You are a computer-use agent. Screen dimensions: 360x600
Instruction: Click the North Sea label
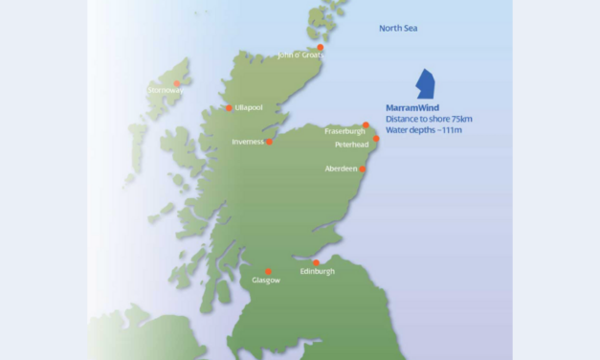pyautogui.click(x=398, y=29)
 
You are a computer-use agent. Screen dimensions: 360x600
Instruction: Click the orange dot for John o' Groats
pyautogui.click(x=321, y=47)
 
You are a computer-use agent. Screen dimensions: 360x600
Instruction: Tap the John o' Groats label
pyautogui.click(x=299, y=55)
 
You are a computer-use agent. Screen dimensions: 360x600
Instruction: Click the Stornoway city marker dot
pyautogui.click(x=177, y=83)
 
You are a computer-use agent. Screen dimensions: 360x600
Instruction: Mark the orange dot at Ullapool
pyautogui.click(x=229, y=108)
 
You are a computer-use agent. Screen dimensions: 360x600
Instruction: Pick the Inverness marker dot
pyautogui.click(x=269, y=142)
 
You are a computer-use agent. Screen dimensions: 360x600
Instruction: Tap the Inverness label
pyautogui.click(x=248, y=142)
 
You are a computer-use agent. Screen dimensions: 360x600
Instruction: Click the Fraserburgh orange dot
pyautogui.click(x=366, y=125)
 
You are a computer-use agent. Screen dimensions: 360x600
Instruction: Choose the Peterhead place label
pyautogui.click(x=352, y=145)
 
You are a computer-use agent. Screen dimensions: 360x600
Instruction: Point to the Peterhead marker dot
pyautogui.click(x=376, y=139)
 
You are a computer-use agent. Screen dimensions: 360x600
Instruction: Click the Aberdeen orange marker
pyautogui.click(x=362, y=169)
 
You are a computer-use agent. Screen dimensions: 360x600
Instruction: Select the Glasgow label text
pyautogui.click(x=266, y=281)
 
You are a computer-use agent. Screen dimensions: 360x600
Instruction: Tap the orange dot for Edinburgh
pyautogui.click(x=317, y=262)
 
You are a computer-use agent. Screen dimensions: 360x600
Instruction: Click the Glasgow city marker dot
pyautogui.click(x=268, y=271)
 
